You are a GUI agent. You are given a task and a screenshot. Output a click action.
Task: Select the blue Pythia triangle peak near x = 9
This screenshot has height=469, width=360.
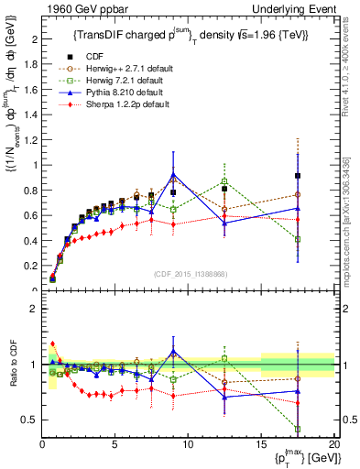tap(173, 174)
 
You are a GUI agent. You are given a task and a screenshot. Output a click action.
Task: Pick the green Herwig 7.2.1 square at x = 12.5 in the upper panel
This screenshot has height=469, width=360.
tap(224, 181)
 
